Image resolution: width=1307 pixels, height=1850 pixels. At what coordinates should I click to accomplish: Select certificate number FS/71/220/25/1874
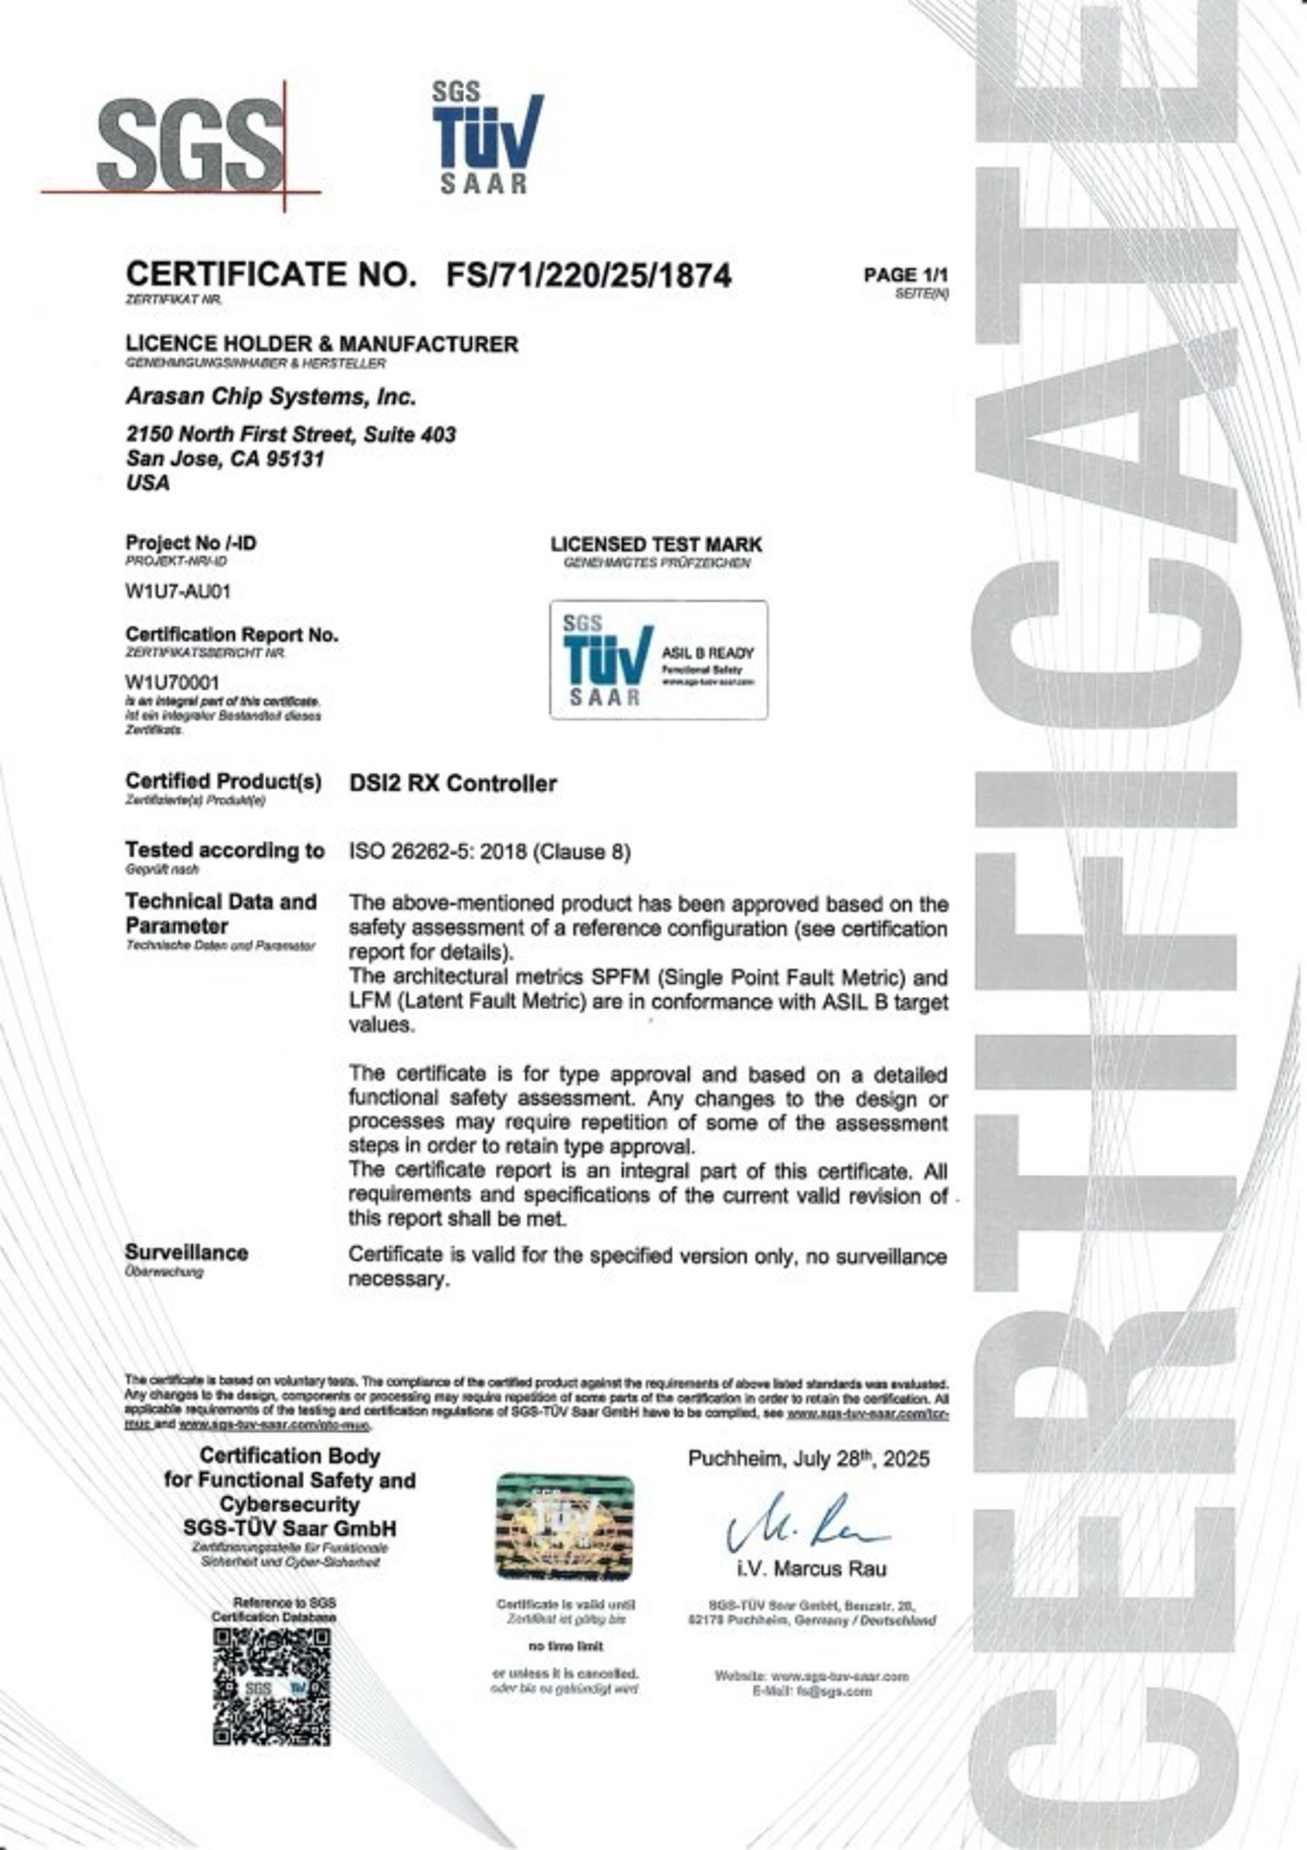(x=588, y=276)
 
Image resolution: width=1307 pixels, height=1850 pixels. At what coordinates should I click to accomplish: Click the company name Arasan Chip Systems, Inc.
(x=271, y=397)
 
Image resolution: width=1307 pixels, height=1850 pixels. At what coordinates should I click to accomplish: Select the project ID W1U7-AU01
(x=178, y=592)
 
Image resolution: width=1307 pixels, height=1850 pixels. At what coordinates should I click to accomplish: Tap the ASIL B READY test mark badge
(x=658, y=659)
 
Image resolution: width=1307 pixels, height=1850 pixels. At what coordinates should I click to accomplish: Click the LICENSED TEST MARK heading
(x=656, y=545)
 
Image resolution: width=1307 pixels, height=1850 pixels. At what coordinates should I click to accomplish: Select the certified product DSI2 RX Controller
(x=453, y=783)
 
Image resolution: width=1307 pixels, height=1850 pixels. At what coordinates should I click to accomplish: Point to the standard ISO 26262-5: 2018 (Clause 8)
(x=489, y=852)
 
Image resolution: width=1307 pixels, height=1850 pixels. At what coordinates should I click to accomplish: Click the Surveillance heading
(x=186, y=1252)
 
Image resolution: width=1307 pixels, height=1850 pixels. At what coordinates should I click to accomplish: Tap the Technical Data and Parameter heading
(x=221, y=913)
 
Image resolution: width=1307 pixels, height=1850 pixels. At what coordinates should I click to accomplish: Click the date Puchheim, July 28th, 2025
(x=808, y=1458)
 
